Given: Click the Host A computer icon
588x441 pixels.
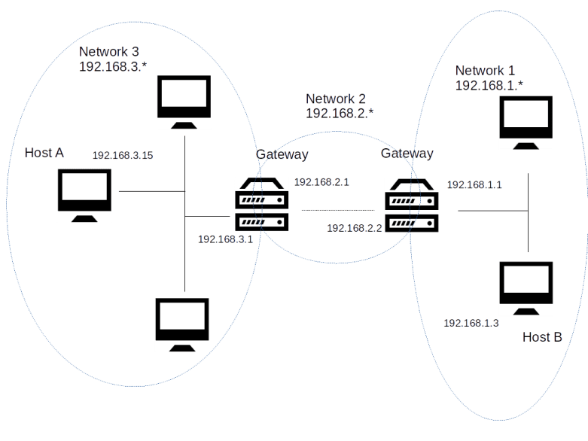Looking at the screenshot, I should coord(85,195).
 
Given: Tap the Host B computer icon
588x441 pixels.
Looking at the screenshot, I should coord(526,289).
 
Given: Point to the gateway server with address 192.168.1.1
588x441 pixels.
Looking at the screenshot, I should coord(411,205).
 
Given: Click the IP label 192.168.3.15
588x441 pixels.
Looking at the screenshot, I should coord(123,156).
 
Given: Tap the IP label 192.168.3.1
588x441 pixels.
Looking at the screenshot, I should coord(224,239).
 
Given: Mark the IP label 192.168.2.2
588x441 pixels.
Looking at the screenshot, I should coord(355,227).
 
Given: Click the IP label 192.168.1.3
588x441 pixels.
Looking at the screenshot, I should coord(471,323).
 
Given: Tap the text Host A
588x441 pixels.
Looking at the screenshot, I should coord(44,153).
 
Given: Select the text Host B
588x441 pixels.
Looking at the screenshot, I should coord(541,337).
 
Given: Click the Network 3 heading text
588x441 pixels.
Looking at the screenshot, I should coord(109,52).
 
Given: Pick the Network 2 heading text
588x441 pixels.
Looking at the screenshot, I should coord(336,99).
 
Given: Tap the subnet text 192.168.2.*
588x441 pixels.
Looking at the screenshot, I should coord(340,114).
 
